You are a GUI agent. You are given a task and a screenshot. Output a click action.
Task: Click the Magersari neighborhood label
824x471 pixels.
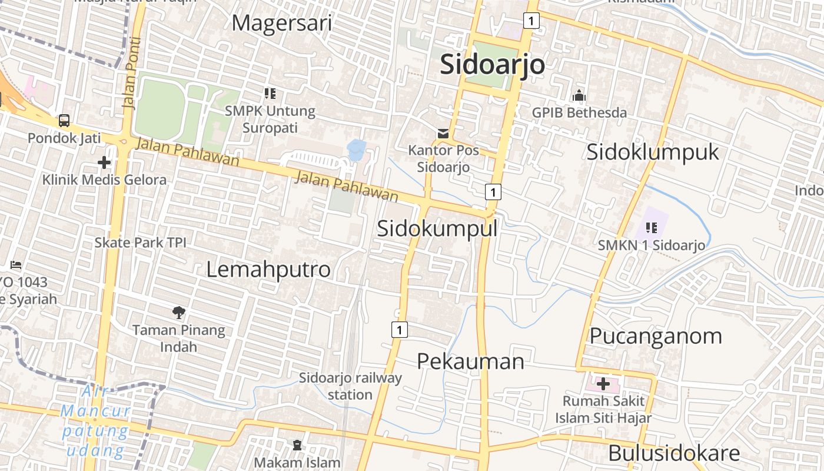281,23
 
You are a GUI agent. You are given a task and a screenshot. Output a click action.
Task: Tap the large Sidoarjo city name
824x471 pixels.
493,64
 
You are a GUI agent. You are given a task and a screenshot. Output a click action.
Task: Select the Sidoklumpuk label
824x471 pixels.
653,152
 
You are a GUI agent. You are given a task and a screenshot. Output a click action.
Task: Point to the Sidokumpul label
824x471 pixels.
437,228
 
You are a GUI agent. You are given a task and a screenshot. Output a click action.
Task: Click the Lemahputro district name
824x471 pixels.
268,269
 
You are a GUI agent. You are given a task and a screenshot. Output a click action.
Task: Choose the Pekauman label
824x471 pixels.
470,361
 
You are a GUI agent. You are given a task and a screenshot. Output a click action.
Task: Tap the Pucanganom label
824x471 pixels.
655,336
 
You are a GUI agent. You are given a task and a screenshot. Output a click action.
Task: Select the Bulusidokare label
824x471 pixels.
673,453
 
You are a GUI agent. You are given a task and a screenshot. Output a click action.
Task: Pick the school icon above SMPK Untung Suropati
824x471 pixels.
270,93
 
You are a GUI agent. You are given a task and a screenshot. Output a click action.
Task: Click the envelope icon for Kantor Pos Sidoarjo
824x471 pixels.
443,134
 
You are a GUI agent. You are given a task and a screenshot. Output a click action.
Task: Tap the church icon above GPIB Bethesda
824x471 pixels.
579,95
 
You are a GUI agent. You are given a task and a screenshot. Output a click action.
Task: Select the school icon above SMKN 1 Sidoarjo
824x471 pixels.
651,227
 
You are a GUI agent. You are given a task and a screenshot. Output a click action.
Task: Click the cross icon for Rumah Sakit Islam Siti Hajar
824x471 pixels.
603,384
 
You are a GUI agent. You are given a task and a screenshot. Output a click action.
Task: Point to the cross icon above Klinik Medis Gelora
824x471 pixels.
104,162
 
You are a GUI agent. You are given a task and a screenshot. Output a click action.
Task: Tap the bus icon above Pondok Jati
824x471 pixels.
64,121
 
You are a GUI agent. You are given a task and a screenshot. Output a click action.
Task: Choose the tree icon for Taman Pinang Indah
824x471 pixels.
178,312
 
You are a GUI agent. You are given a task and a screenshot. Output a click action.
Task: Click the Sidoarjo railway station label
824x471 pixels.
350,386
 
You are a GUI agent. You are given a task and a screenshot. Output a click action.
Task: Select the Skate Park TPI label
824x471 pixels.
140,243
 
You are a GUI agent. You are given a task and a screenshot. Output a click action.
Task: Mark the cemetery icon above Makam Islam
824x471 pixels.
297,445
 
